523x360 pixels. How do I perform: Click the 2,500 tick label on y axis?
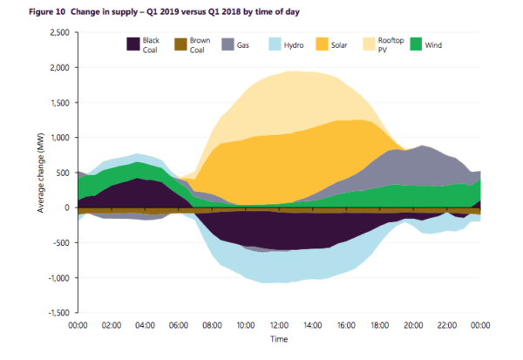57,32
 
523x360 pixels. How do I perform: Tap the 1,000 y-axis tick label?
57,138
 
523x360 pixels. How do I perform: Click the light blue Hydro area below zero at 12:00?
279,266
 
